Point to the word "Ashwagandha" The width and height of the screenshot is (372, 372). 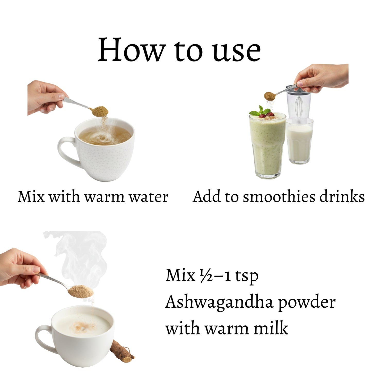coord(219,303)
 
